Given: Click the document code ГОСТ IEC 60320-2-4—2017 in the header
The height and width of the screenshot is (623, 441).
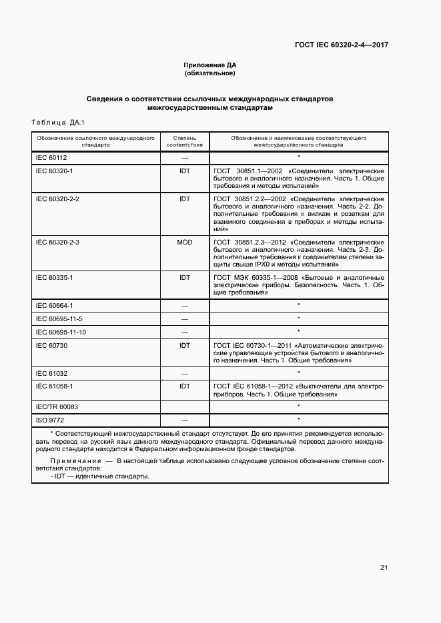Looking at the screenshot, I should pyautogui.click(x=342, y=45).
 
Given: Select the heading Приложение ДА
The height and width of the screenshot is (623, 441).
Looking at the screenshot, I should pyautogui.click(x=210, y=65).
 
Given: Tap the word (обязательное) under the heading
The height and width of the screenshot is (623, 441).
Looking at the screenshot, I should pyautogui.click(x=210, y=73).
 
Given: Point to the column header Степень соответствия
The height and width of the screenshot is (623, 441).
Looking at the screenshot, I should pyautogui.click(x=184, y=140).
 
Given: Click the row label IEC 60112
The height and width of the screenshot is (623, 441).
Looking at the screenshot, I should pyautogui.click(x=51, y=158).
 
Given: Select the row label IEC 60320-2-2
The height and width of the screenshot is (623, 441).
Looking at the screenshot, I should pyautogui.click(x=57, y=199).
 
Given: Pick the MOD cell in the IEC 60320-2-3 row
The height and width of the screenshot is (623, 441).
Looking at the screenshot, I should pyautogui.click(x=184, y=242).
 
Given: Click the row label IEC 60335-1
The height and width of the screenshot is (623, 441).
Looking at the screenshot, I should pyautogui.click(x=54, y=276).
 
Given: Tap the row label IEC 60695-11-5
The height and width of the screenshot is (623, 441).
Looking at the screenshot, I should pyautogui.click(x=59, y=318).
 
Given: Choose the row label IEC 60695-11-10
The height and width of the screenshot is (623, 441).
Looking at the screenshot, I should pyautogui.click(x=61, y=332).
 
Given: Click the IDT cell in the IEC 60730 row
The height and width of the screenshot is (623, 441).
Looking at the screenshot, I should pyautogui.click(x=184, y=345).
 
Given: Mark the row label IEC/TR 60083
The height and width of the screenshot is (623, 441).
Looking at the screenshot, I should pyautogui.click(x=56, y=406).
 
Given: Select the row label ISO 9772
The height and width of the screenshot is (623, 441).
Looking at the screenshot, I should pyautogui.click(x=50, y=420).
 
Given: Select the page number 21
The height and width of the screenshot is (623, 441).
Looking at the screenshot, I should pyautogui.click(x=384, y=568).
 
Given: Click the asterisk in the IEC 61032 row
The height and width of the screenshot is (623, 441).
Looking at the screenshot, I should pyautogui.click(x=298, y=372).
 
